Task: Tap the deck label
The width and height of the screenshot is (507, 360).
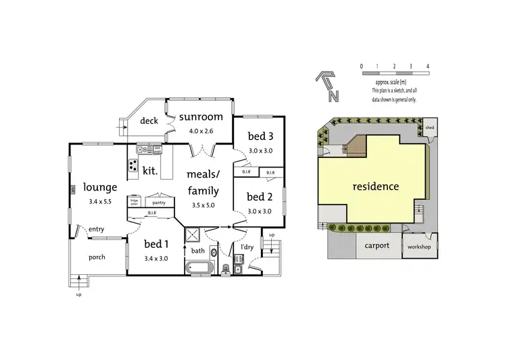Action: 149,121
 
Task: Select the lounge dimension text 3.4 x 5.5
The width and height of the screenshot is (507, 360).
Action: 101,201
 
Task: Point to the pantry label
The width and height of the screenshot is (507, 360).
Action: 160,202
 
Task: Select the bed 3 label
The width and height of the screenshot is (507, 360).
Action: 260,137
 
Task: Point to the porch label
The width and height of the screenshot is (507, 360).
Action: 97,257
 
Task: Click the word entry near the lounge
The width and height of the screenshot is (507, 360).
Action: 96,230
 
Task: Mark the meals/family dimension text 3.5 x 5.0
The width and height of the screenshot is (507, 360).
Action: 203,205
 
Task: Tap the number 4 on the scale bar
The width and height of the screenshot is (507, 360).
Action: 428,66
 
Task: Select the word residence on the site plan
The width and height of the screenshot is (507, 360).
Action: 375,186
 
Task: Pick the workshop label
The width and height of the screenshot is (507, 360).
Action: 419,247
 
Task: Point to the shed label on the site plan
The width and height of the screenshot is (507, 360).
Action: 429,127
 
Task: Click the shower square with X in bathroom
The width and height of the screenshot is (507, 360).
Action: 193,236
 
